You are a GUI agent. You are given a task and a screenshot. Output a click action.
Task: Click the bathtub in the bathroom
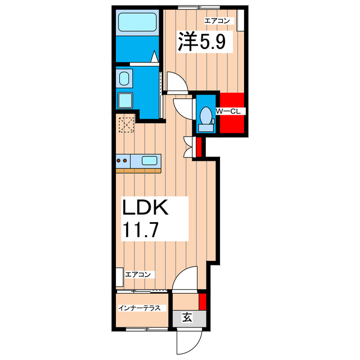137,24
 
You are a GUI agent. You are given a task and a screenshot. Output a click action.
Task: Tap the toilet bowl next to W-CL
205,118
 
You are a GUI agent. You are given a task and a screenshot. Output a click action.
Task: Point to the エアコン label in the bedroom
217,21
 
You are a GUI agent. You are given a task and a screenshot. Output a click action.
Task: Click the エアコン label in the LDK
138,274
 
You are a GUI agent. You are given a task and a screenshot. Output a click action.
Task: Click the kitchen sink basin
149,160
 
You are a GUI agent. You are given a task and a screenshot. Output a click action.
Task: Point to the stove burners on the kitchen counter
124,160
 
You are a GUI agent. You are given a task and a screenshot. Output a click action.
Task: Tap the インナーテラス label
141,308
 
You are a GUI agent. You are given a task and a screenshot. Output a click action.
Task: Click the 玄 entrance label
187,318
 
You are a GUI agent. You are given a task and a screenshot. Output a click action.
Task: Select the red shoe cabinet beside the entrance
203,301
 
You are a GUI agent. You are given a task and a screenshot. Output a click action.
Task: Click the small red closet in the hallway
198,147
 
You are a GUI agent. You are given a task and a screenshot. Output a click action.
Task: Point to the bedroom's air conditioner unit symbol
241,21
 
